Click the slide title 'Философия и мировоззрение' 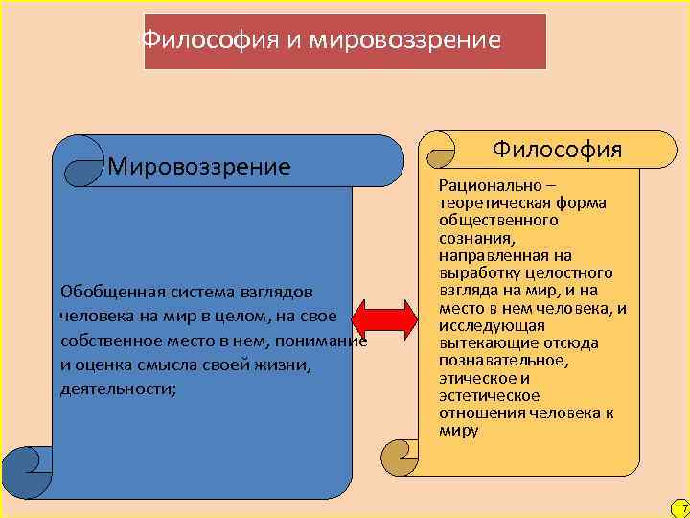tap(321, 41)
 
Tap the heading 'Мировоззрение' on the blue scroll tap(199, 168)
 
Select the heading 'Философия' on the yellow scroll tap(557, 150)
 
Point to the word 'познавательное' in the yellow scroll tap(502, 361)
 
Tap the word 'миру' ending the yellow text tap(458, 431)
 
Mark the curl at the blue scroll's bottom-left tap(25, 470)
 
